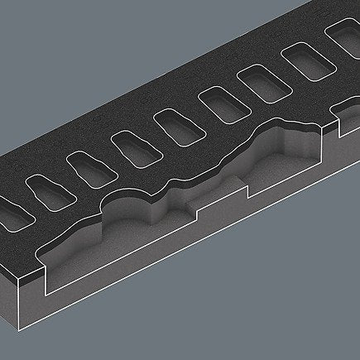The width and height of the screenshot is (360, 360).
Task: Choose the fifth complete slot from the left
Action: [218, 105]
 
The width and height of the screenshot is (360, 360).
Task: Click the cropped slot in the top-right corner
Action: [346, 37]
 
